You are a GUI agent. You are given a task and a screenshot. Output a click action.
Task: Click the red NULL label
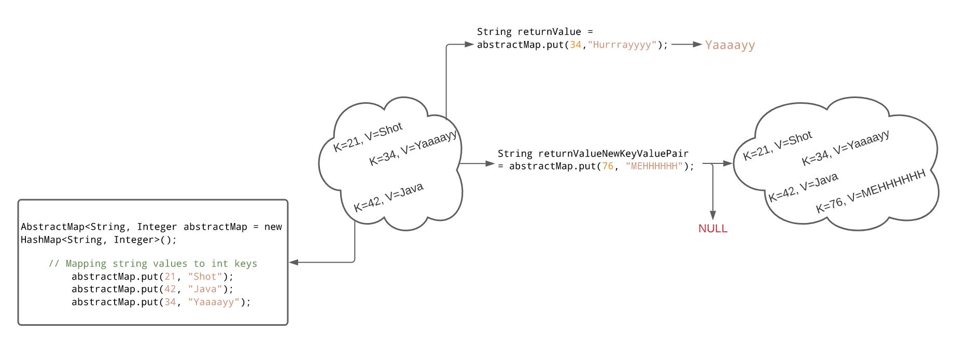tap(712, 229)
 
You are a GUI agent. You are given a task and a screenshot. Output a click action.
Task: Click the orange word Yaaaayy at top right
tap(729, 45)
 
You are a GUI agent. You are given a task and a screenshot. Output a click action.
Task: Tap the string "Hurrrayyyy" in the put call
tap(622, 45)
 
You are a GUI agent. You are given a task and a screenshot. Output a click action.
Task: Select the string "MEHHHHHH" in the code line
tap(654, 167)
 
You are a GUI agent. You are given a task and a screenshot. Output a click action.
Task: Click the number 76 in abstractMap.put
tap(607, 167)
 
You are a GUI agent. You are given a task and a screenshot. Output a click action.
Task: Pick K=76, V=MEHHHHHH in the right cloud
tap(871, 191)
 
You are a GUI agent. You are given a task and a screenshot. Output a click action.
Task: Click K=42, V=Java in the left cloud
tap(388, 197)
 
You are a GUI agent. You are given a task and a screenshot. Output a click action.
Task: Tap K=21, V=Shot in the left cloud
tap(368, 137)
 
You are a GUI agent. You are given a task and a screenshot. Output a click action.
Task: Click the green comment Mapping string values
tap(153, 264)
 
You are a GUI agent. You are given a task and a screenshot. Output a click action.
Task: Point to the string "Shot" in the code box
tap(205, 276)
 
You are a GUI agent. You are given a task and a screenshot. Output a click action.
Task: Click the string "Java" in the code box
tap(205, 289)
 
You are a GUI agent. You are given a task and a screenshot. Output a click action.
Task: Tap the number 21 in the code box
tap(170, 276)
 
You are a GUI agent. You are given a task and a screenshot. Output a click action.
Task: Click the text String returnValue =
tap(535, 32)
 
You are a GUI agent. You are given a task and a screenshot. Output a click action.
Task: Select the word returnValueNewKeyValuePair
tap(613, 154)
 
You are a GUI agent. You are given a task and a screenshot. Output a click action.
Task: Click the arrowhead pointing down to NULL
tap(713, 215)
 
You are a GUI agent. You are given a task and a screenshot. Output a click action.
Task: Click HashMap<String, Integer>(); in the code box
tap(99, 240)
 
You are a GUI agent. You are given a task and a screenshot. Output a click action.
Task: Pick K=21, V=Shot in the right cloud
tap(777, 146)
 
